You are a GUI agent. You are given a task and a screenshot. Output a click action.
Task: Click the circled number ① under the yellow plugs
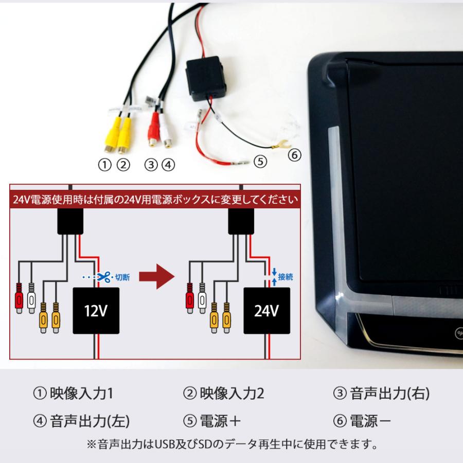tap(105, 165)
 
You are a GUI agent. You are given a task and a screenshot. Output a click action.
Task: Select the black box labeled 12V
tap(96, 311)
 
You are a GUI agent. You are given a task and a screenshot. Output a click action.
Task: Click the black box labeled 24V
tap(266, 311)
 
